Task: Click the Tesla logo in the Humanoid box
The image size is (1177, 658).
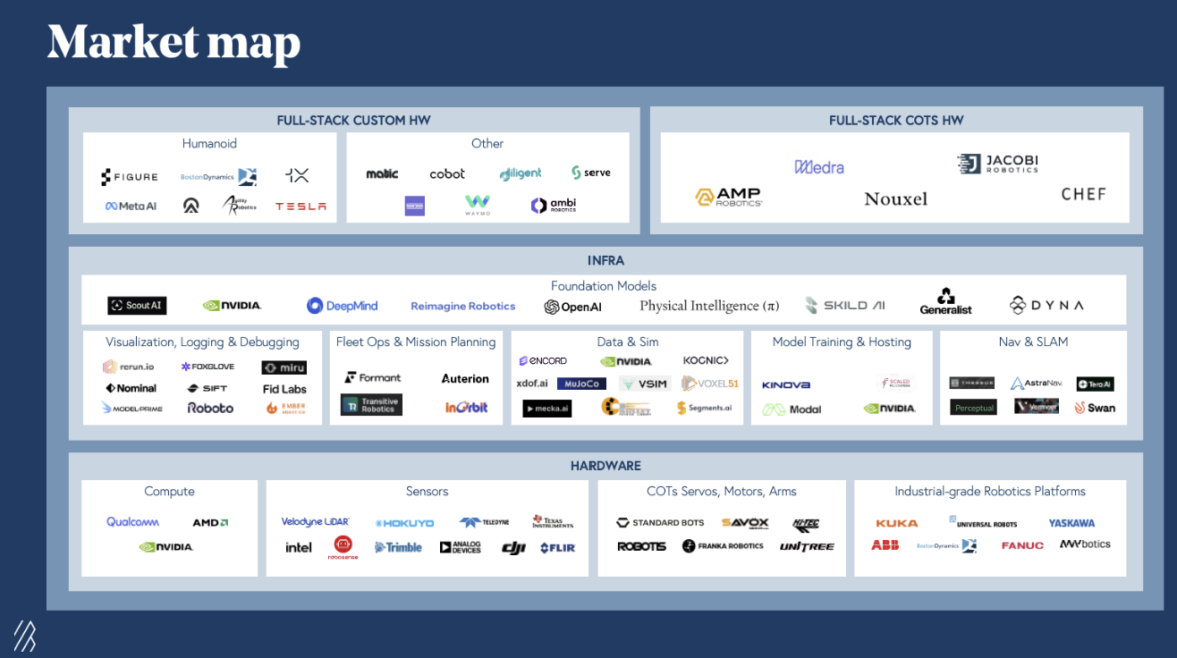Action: pos(301,207)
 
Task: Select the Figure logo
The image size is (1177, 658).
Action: pos(130,177)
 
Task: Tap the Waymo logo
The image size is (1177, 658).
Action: pos(478,206)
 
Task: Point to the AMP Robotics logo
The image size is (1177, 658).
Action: pos(729,198)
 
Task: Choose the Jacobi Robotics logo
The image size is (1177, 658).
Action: pos(997,164)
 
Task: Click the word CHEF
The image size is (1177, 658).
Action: pos(1083,194)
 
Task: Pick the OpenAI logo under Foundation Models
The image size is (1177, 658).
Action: pos(573,307)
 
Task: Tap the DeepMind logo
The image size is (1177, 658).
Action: pos(343,306)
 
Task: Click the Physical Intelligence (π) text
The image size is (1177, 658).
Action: pos(709,306)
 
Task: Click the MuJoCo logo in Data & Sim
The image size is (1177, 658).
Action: pos(580,384)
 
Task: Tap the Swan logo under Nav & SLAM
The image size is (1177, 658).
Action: pos(1095,408)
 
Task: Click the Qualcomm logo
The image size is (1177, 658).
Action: pos(133,522)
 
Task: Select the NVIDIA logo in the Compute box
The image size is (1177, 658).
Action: pos(166,547)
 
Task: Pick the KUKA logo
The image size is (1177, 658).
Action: pos(896,523)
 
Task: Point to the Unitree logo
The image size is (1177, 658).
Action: pos(806,546)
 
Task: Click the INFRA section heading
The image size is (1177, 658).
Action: pos(605,261)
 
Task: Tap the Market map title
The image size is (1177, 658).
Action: pos(174,42)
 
